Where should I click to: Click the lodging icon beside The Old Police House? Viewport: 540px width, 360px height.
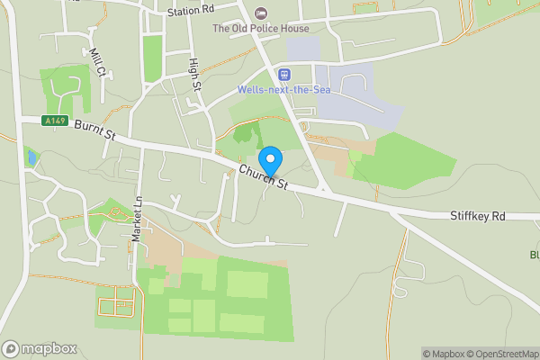tap(262, 13)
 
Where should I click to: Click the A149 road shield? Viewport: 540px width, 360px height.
tap(54, 120)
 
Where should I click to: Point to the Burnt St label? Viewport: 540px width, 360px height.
tap(96, 131)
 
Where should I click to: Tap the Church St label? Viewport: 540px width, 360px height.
tap(263, 177)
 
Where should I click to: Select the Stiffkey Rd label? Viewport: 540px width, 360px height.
tap(479, 217)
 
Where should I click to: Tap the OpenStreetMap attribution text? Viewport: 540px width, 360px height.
tap(499, 354)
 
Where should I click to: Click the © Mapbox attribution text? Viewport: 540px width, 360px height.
tap(438, 354)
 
